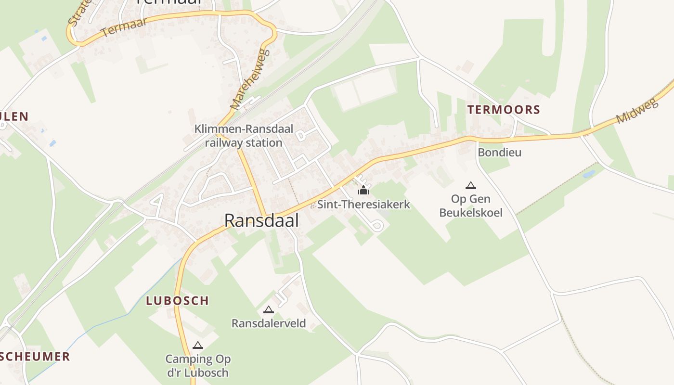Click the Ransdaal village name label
(x=261, y=220)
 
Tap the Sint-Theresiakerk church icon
(x=363, y=191)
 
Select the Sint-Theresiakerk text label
(x=363, y=204)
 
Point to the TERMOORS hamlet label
(x=504, y=110)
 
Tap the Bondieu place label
(x=499, y=153)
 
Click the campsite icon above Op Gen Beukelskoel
(x=471, y=185)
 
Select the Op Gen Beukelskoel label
(x=471, y=205)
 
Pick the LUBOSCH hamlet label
(x=177, y=301)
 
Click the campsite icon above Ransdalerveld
(x=269, y=309)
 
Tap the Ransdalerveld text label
(x=269, y=323)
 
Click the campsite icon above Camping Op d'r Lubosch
(x=197, y=345)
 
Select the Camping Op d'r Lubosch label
(x=197, y=366)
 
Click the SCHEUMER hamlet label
(x=35, y=357)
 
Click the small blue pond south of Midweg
(x=588, y=174)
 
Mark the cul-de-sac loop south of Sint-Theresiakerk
(x=377, y=225)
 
